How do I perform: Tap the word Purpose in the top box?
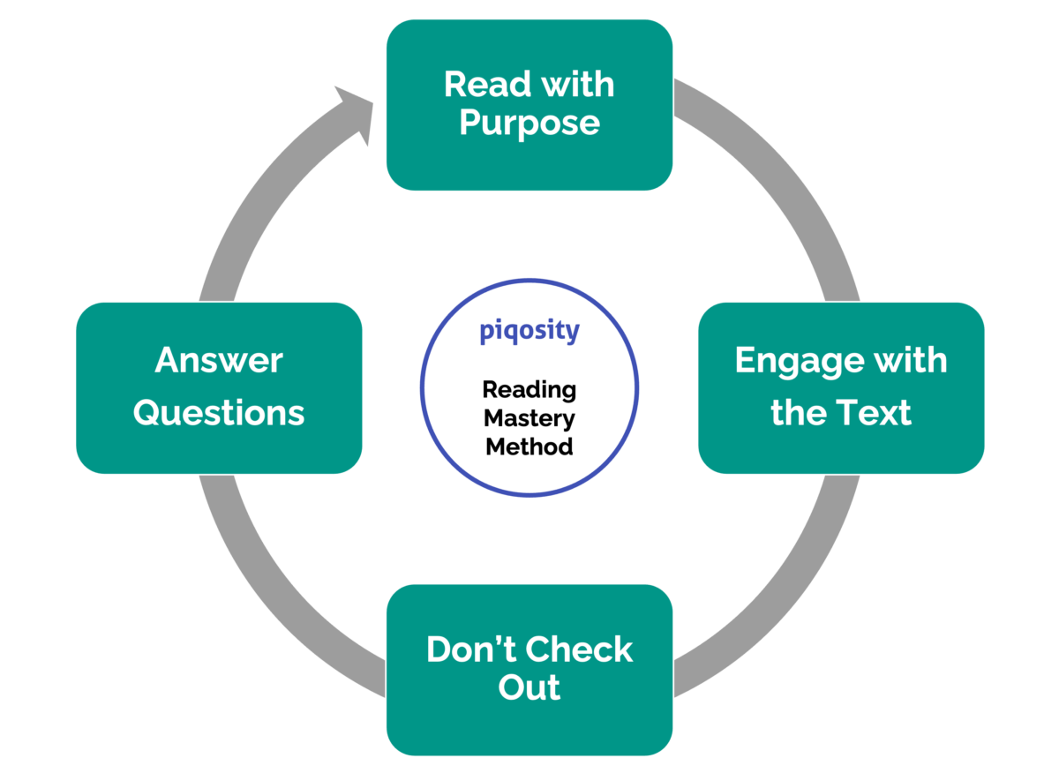pos(529,124)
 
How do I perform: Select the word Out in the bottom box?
pos(529,687)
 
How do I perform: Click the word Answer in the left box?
pos(219,361)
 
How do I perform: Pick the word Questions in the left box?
pos(219,412)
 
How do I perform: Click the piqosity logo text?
pos(529,332)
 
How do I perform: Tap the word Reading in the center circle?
pos(529,389)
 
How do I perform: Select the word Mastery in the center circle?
pos(529,417)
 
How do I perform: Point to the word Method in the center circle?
pos(529,447)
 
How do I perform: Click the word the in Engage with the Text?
pos(799,412)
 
